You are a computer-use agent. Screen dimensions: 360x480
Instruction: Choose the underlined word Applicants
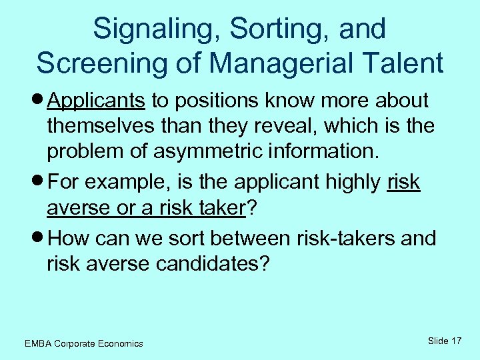point(97,101)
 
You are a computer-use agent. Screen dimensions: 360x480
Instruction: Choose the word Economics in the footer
point(119,343)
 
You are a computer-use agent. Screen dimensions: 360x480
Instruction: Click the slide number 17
point(456,341)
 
